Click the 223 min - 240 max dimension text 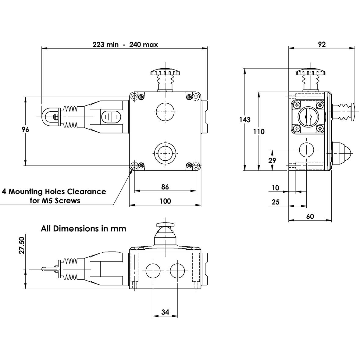(125, 45)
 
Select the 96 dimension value (26, 130)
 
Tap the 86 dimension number (165, 187)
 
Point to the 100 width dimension (165, 201)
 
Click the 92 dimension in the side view (322, 45)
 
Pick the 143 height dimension (245, 120)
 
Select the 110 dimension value (259, 132)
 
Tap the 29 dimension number (272, 160)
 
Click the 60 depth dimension (310, 216)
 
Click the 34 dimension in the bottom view (165, 312)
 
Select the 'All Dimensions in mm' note (83, 229)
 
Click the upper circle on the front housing (165, 112)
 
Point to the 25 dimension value (275, 202)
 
